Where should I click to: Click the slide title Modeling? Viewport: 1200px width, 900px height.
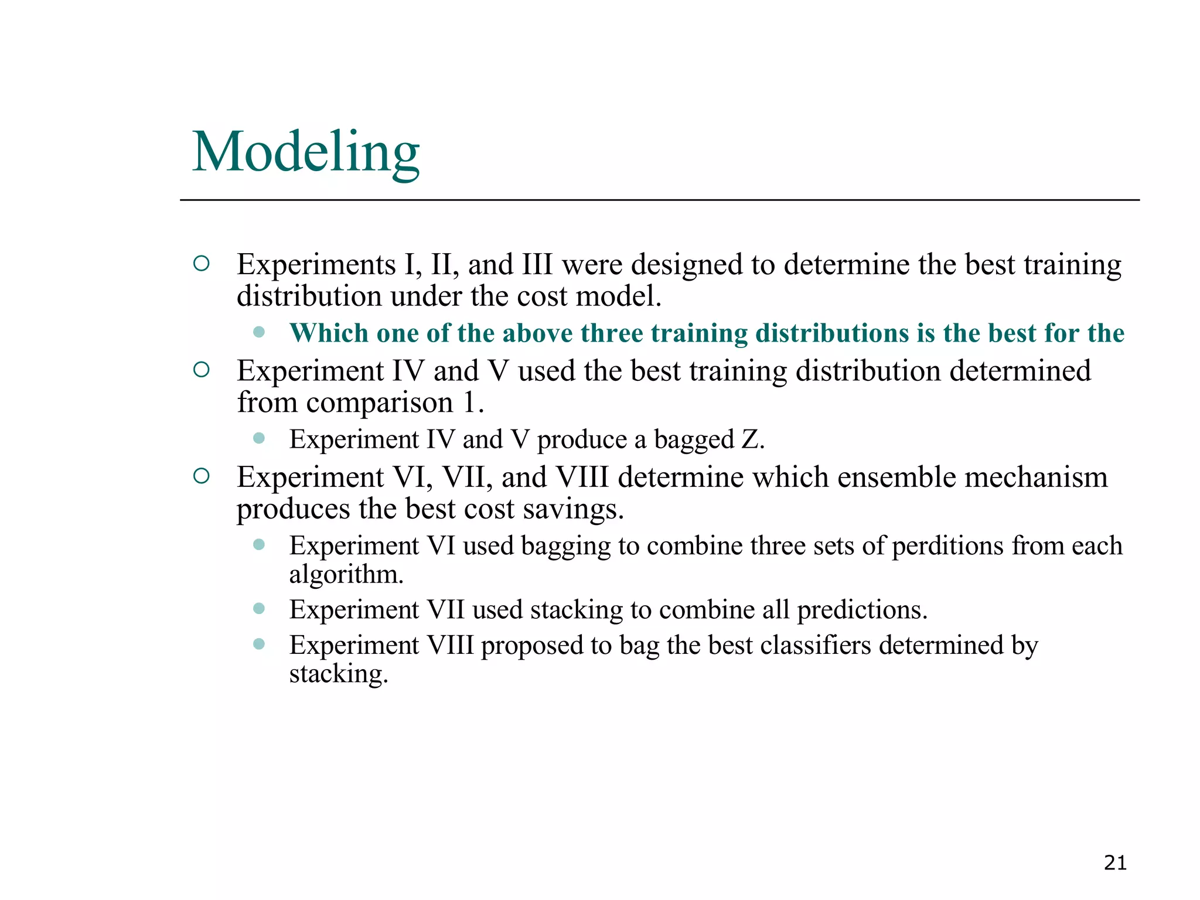coord(306,152)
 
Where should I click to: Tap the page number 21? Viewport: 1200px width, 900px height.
coord(1114,863)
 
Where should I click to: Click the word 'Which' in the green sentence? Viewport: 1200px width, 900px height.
coord(329,333)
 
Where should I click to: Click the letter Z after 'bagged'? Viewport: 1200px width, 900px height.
coord(750,439)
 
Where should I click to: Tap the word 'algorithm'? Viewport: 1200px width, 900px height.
coord(345,575)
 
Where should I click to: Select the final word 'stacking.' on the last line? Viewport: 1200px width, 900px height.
coord(338,674)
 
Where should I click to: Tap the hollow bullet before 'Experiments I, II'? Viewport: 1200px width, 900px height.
coord(201,264)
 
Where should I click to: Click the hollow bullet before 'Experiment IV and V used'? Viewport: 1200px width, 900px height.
coord(201,370)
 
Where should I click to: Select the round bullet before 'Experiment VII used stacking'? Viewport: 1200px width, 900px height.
coord(259,609)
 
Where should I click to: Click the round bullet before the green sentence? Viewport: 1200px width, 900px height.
coord(259,332)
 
